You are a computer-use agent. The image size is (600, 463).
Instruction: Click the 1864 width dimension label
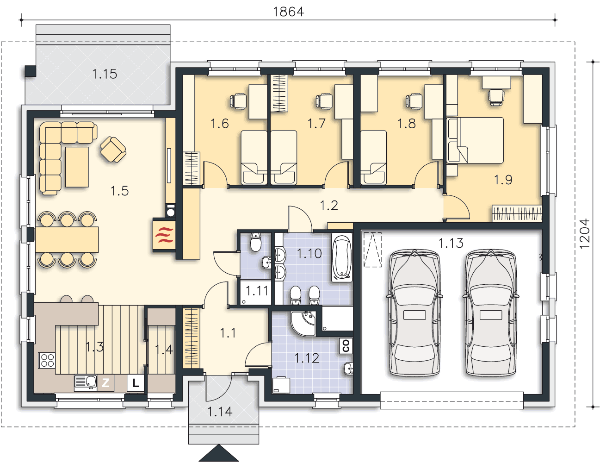click(288, 12)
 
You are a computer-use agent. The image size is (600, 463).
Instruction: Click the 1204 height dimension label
click(585, 234)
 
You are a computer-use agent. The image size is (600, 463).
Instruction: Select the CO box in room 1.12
click(346, 345)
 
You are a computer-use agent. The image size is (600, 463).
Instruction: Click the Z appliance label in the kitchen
click(105, 383)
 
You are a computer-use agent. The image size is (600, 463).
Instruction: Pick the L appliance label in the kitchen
click(135, 383)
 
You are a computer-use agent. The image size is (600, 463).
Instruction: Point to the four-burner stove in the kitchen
click(47, 360)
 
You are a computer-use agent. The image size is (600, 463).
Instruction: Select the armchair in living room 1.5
click(113, 150)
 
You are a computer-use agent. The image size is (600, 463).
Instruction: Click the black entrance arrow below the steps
click(219, 453)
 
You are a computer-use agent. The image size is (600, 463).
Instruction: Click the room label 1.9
click(503, 180)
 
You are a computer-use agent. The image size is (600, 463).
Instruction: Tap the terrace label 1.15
click(105, 74)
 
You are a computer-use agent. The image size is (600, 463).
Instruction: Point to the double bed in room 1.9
click(475, 140)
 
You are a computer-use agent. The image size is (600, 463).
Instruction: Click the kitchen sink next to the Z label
click(85, 383)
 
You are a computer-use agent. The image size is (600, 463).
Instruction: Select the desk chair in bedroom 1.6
click(238, 101)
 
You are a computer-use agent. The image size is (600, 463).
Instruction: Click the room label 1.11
click(257, 291)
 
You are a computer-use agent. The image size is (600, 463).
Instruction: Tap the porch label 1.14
click(220, 412)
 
